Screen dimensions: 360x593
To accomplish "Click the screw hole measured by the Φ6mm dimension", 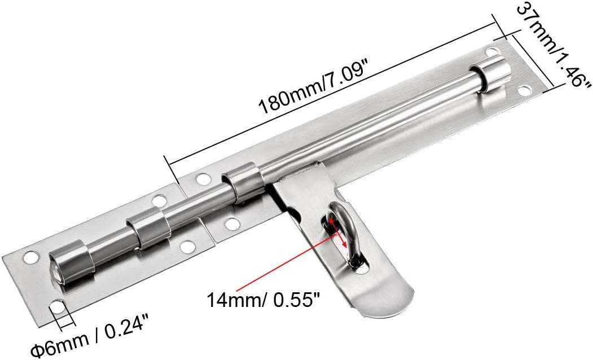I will click(x=58, y=308).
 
